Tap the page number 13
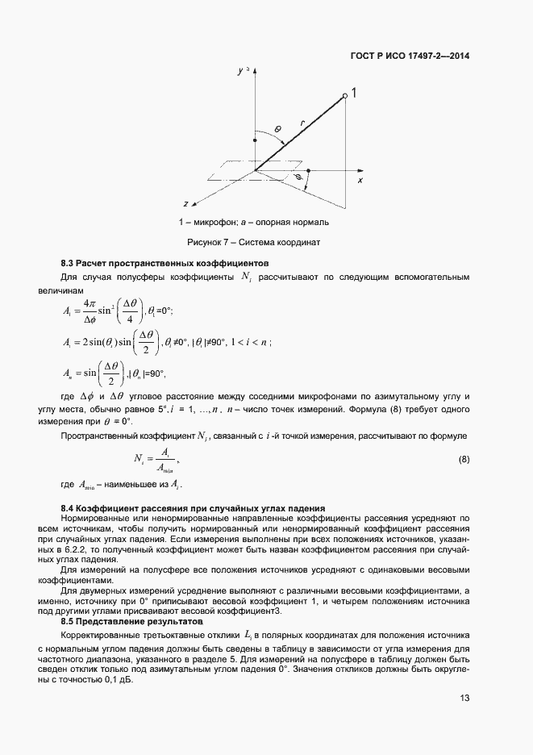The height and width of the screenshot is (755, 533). (x=464, y=699)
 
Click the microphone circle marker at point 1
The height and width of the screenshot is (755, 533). (x=345, y=96)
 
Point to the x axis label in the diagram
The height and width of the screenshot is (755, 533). (x=360, y=181)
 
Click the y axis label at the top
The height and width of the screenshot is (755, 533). (x=240, y=72)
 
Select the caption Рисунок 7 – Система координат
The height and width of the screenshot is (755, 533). (x=255, y=242)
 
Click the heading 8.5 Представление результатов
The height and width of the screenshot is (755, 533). (x=133, y=623)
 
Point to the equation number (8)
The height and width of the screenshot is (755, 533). (x=464, y=460)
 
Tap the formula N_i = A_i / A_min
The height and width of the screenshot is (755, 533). (x=156, y=461)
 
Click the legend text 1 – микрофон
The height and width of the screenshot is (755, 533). (x=202, y=222)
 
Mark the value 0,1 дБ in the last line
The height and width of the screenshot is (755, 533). (x=120, y=679)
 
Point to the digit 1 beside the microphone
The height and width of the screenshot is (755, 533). (x=355, y=94)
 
